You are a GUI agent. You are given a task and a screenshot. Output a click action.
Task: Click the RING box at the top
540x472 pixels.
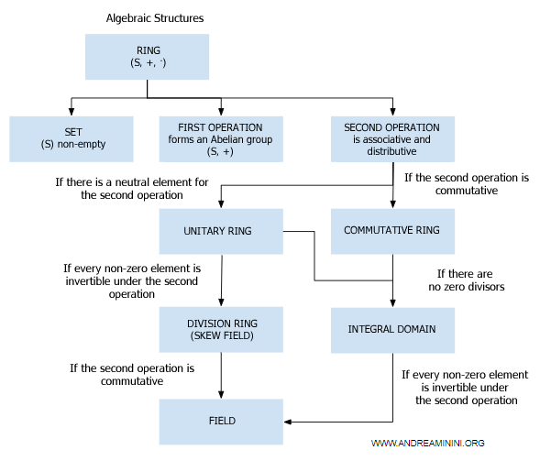point(146,57)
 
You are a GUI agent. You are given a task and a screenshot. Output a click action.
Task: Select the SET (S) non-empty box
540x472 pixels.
point(72,137)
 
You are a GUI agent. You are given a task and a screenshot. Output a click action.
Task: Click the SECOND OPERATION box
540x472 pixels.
point(391,137)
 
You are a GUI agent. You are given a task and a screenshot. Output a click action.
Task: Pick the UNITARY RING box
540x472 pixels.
point(221,230)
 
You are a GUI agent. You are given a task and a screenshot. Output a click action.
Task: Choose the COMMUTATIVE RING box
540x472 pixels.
point(392,230)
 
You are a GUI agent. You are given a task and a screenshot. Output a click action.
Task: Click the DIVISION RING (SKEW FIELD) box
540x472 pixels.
point(221,329)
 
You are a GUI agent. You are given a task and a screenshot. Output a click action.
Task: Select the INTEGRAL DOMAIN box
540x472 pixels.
point(392,329)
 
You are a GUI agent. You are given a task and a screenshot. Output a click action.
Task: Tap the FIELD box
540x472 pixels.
point(221,421)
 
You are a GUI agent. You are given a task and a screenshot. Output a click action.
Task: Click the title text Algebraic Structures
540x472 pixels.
point(155,18)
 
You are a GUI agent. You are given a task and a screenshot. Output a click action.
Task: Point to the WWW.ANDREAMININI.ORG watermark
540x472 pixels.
point(427,443)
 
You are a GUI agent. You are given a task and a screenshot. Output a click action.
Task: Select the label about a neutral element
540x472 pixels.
point(130,189)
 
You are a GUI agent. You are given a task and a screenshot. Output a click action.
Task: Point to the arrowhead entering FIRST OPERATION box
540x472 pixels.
point(221,110)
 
